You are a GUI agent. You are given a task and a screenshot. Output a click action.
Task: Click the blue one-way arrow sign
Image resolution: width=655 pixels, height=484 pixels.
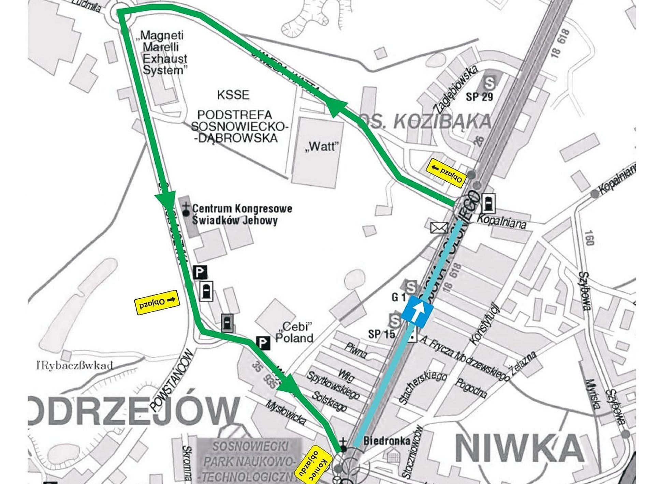(x=417, y=312)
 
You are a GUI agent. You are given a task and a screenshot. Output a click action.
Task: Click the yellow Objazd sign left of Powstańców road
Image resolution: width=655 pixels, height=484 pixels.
(x=157, y=302)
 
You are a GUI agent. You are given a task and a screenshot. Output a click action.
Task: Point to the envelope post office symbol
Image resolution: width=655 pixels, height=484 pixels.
(x=439, y=228)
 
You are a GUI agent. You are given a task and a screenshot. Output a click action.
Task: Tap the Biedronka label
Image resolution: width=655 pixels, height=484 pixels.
(x=387, y=441)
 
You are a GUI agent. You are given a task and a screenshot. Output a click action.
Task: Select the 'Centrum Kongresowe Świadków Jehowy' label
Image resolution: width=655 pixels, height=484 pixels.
(x=239, y=214)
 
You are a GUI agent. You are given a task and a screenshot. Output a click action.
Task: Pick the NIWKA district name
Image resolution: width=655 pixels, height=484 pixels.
(x=519, y=449)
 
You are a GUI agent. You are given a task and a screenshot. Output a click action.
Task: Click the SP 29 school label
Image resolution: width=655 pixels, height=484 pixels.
(x=479, y=97)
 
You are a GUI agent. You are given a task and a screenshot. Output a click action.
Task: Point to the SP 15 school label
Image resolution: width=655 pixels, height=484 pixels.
(x=381, y=334)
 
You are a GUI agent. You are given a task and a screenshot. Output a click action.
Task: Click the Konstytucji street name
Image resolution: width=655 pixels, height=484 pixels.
(x=485, y=324)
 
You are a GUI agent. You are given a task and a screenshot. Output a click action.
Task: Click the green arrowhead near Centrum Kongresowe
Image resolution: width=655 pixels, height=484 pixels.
(x=166, y=201)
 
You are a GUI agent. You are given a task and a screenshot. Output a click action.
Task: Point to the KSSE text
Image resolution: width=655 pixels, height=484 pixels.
(x=233, y=95)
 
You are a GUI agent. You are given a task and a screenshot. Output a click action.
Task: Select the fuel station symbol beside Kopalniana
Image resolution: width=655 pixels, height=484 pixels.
(x=488, y=203)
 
